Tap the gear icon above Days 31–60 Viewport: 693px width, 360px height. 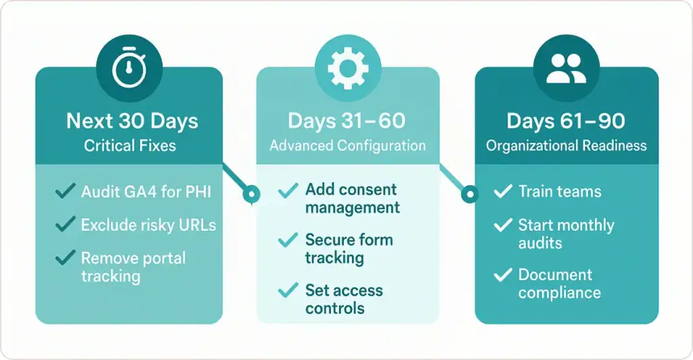coord(346,68)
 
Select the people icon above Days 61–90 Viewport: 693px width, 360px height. coord(566,68)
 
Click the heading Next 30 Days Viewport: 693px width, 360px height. coord(132,122)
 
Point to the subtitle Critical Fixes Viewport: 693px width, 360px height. coord(129,145)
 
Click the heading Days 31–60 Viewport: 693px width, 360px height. coord(346,121)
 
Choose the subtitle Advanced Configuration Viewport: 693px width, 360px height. coord(347,145)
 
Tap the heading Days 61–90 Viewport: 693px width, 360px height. coord(566,121)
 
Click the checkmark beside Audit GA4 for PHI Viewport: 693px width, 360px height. coord(66,192)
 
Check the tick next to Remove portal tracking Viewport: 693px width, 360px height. coord(66,258)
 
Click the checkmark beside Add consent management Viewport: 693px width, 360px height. coord(288,191)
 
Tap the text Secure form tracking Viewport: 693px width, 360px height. coord(349,248)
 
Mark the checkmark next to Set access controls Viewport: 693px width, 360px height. coord(288,290)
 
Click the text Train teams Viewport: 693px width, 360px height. coord(560,192)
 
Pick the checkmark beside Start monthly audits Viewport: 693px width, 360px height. coord(503,225)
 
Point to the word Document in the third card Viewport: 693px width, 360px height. coord(555,275)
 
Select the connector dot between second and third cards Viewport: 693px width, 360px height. coord(468,195)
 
